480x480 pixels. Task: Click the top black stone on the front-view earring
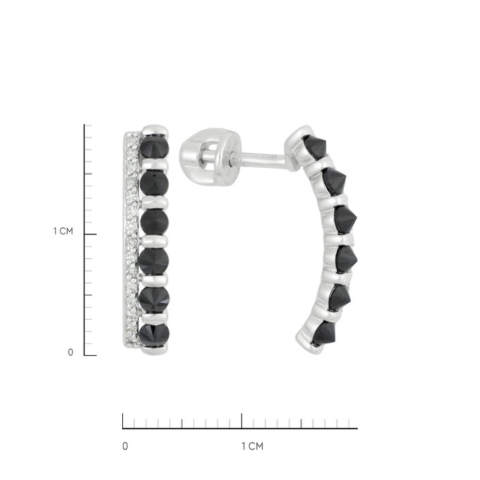[154, 147]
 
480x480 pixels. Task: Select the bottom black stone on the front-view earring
[154, 335]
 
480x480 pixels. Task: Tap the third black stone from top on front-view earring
[155, 222]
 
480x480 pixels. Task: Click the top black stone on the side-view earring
[316, 147]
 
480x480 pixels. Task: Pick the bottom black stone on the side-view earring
[324, 332]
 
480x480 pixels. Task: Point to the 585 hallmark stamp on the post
[269, 158]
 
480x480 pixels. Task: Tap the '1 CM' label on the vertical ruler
[64, 231]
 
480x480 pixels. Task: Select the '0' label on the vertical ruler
[71, 352]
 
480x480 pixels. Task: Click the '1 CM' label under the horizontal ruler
[253, 446]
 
